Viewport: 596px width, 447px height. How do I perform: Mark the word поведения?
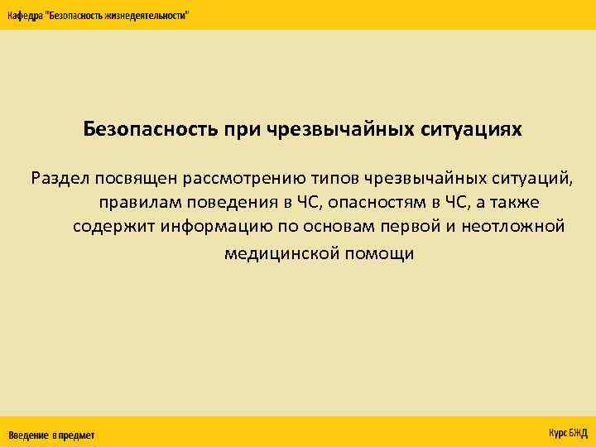pos(233,203)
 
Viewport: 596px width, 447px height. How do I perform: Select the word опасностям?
pos(369,203)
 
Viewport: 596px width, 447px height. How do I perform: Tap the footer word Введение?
pos(28,435)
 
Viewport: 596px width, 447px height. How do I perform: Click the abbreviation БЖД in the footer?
pos(577,433)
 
